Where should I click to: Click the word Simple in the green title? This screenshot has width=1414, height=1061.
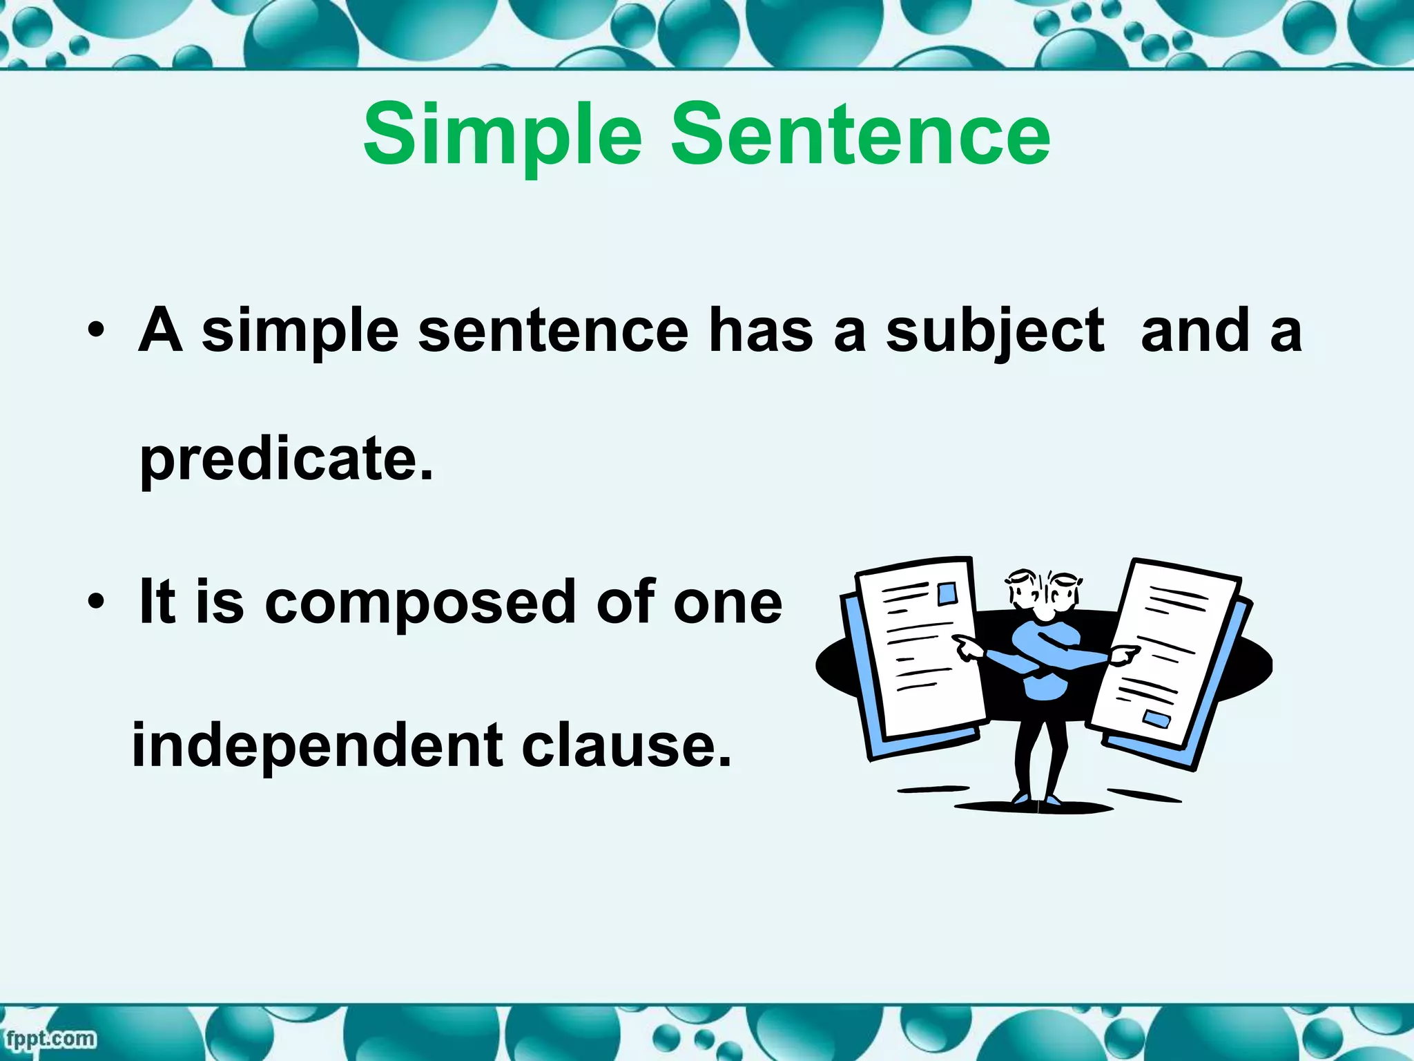point(503,135)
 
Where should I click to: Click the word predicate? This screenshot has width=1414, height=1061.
point(287,459)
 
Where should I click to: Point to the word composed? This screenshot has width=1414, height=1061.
point(420,602)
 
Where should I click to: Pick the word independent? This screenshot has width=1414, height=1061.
point(317,746)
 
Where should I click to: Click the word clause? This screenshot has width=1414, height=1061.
point(626,746)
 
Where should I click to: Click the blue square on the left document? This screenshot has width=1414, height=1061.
point(947,593)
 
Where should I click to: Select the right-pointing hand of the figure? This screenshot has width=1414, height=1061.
point(1123,653)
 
